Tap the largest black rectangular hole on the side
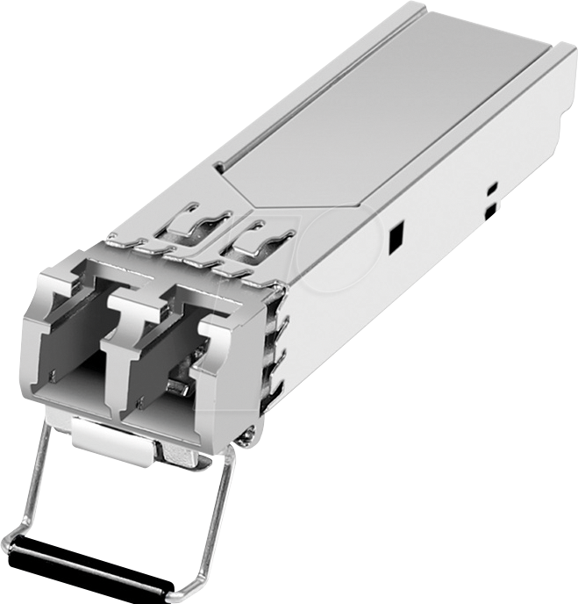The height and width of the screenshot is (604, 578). point(396,235)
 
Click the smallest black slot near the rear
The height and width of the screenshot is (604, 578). point(491,188)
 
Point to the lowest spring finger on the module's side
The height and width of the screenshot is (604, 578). point(277,386)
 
